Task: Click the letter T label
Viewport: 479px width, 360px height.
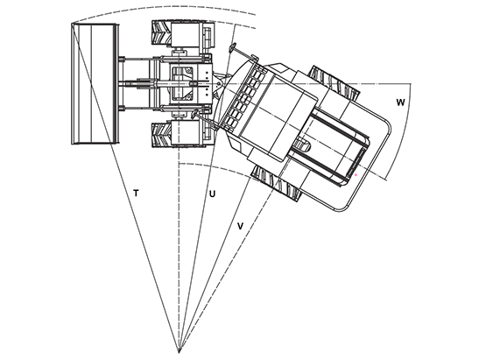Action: (x=137, y=194)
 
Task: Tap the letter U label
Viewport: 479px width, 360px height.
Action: (x=212, y=194)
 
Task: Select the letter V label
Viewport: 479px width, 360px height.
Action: (x=241, y=226)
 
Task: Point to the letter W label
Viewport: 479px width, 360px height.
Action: (x=400, y=102)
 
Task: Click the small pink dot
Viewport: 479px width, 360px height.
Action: (x=356, y=175)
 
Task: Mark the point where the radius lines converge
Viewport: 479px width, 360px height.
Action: (x=179, y=352)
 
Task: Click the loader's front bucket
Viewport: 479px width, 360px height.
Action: (x=95, y=83)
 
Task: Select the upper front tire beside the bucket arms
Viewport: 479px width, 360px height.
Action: (x=162, y=32)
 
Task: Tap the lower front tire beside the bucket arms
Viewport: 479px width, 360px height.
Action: (x=162, y=135)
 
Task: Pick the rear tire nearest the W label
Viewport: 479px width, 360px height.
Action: (x=334, y=82)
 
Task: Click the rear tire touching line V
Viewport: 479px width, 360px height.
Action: (x=275, y=183)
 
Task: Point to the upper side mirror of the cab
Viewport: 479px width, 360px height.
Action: (x=233, y=47)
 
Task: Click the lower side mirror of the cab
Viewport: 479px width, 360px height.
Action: (x=194, y=113)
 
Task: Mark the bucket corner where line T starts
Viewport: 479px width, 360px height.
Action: (x=72, y=24)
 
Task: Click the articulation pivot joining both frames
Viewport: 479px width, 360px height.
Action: (x=218, y=83)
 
